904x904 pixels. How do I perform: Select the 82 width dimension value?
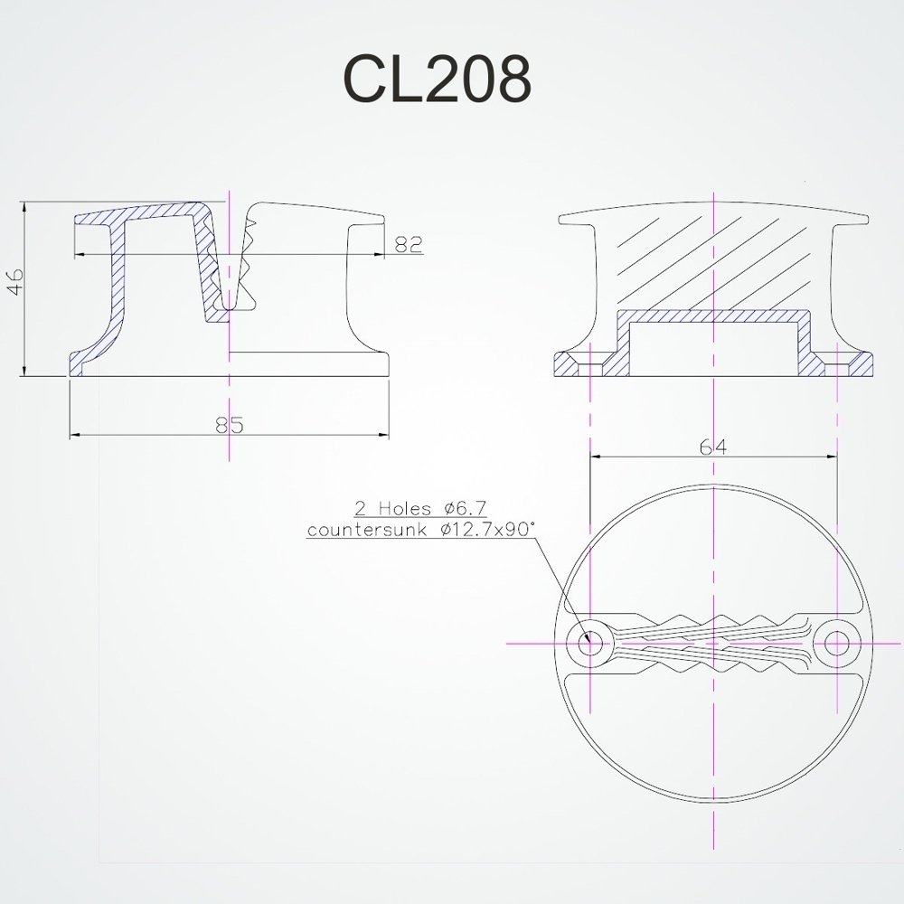409,245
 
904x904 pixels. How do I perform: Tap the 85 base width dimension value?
230,424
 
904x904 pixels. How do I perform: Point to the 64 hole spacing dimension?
714,447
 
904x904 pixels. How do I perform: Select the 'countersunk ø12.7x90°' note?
420,530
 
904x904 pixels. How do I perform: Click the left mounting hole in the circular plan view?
589,643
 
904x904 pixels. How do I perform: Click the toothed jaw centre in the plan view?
714,643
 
